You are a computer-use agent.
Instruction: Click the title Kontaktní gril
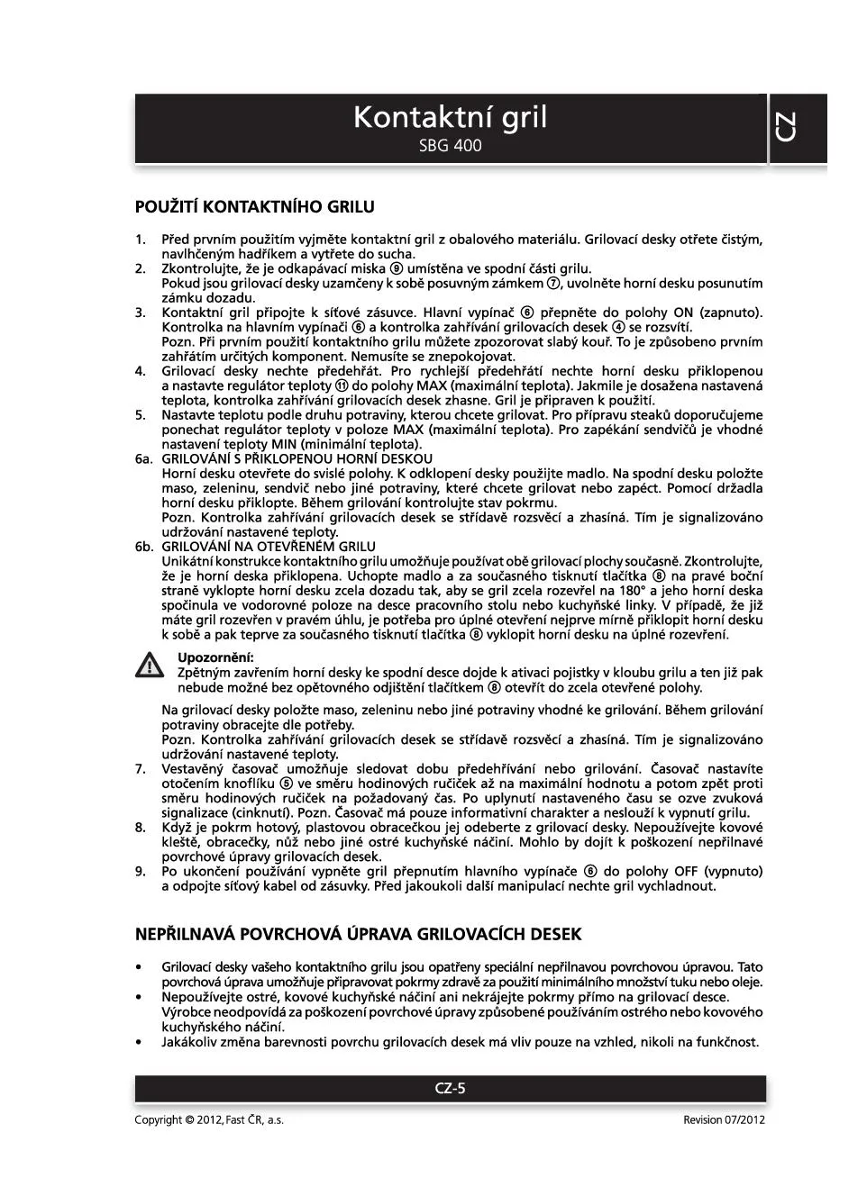[x=450, y=117]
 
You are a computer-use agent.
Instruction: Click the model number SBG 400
[x=450, y=145]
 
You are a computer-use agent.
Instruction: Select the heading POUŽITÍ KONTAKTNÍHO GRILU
[x=254, y=207]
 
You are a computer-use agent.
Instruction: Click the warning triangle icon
[x=149, y=666]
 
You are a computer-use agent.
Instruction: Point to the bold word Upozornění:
[x=215, y=657]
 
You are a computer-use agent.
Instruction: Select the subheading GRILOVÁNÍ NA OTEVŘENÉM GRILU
[x=269, y=547]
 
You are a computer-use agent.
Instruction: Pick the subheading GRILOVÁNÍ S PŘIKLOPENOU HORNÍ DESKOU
[x=297, y=458]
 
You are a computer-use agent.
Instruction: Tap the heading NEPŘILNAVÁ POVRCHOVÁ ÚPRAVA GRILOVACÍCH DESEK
[x=358, y=934]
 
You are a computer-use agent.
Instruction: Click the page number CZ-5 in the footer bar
[x=450, y=1088]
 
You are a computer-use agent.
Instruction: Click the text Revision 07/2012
[x=724, y=1119]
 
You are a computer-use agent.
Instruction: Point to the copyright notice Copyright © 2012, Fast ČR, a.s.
[x=209, y=1119]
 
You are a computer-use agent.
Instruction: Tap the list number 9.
[x=140, y=871]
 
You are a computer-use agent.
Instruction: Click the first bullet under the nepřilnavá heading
[x=139, y=967]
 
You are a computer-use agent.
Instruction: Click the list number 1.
[x=140, y=240]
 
